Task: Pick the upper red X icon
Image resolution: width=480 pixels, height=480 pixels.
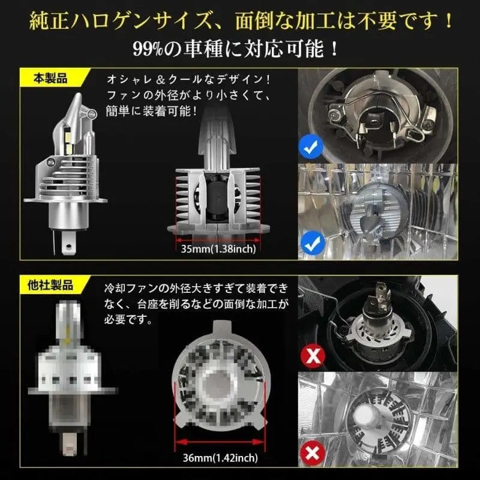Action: point(312,356)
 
